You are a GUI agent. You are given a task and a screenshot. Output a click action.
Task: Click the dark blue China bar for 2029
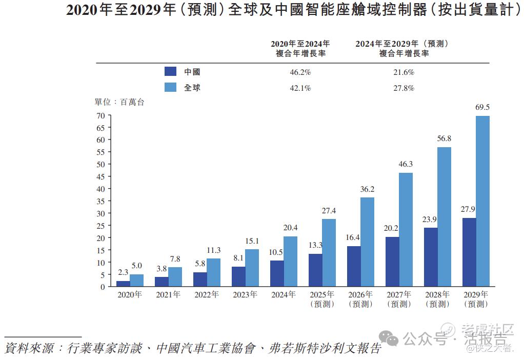(469, 252)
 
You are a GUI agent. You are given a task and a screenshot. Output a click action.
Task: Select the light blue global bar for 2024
(290, 261)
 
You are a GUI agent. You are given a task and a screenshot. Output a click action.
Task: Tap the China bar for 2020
(123, 284)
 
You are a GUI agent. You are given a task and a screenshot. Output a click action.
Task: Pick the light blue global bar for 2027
(406, 229)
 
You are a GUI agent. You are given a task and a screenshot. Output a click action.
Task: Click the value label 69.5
(482, 108)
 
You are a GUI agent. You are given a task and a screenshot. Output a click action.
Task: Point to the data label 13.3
(315, 246)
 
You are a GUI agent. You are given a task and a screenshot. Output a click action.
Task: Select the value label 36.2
(367, 189)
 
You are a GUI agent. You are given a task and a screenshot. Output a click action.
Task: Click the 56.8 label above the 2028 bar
(444, 139)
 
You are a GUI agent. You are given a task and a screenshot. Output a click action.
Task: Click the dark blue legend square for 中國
(170, 72)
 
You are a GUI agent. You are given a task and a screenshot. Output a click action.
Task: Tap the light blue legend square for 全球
(170, 87)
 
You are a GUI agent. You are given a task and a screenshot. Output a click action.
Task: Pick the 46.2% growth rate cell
(300, 72)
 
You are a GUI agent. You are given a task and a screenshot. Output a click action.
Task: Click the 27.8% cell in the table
(404, 88)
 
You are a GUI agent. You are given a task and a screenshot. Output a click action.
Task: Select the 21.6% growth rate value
(404, 72)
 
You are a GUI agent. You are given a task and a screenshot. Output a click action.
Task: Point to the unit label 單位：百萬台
(119, 103)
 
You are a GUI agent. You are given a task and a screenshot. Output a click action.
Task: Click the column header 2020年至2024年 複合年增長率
(300, 48)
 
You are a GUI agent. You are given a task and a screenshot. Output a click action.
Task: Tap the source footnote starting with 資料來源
(193, 349)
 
